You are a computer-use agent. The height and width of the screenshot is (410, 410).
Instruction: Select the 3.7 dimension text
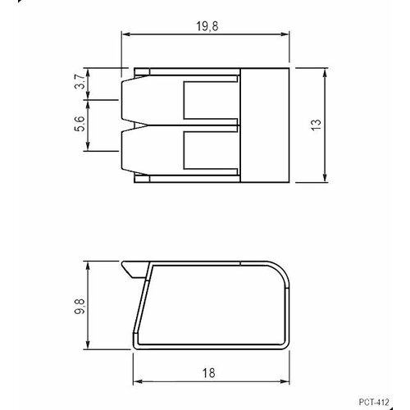tap(79, 84)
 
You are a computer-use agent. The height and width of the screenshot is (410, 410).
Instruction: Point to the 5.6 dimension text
tap(79, 125)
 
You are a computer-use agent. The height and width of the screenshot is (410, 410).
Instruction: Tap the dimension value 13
tap(316, 124)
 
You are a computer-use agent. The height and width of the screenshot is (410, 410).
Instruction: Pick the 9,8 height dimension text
tap(79, 306)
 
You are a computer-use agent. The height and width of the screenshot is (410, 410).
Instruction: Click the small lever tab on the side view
tap(131, 267)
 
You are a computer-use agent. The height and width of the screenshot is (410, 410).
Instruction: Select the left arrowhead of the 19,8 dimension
tap(125, 34)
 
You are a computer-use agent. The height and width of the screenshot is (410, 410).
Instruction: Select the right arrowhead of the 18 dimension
tap(286, 381)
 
